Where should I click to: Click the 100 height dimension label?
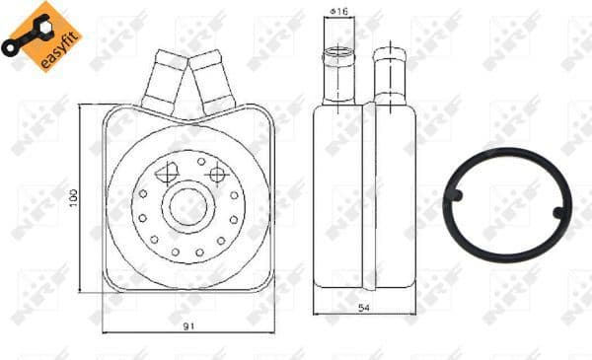[74, 198]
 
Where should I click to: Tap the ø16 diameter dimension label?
[338, 12]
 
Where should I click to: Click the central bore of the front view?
[185, 206]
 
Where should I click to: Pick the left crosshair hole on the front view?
[164, 171]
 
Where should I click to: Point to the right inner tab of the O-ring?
[558, 211]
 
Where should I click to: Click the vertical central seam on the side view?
[366, 197]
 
